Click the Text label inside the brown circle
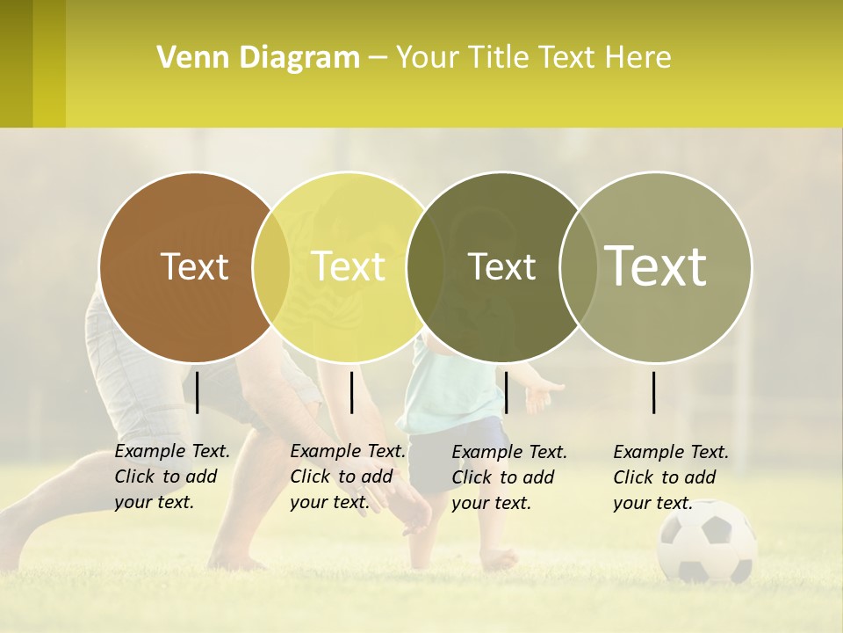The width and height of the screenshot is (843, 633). [195, 267]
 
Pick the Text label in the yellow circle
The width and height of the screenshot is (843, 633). [349, 266]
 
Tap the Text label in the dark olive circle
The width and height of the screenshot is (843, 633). [502, 267]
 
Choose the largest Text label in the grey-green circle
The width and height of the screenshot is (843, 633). [656, 266]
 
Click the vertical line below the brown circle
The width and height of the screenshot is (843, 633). [198, 392]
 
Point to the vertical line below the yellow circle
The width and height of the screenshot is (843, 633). [351, 392]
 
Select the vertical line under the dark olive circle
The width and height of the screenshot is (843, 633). [506, 392]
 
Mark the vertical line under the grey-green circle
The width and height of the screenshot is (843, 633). [654, 392]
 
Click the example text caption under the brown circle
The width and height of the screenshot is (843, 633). [172, 477]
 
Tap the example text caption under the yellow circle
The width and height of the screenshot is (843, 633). [348, 477]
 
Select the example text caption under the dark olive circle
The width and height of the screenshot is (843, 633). [509, 477]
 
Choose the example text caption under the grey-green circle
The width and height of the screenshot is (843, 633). [671, 477]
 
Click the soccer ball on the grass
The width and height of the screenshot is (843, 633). [707, 541]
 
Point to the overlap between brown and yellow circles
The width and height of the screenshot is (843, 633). [271, 267]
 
